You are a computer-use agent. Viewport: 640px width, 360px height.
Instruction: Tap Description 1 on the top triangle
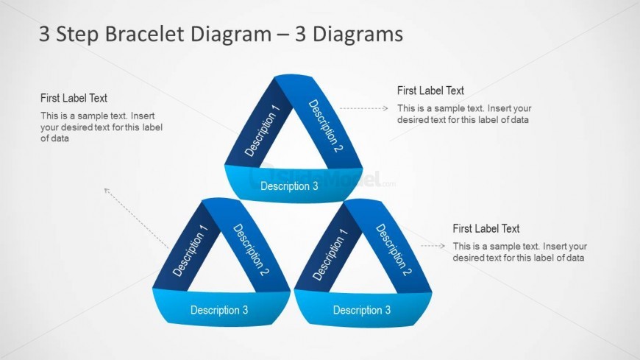[x=263, y=130]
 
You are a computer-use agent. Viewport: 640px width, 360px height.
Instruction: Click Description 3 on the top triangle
[x=289, y=186]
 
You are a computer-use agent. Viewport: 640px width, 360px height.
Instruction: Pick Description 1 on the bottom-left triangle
[x=191, y=250]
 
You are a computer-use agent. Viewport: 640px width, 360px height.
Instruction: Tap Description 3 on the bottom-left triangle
[x=219, y=310]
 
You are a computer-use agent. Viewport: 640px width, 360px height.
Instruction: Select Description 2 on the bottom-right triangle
[x=394, y=250]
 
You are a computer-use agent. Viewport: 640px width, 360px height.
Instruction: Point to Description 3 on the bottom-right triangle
[x=362, y=310]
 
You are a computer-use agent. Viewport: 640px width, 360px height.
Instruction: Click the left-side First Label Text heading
[x=74, y=98]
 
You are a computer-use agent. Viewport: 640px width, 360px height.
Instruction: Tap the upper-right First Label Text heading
[x=430, y=91]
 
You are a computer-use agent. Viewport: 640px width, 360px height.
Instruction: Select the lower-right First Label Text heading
[x=486, y=229]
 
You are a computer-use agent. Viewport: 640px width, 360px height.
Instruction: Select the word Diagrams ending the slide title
[x=364, y=34]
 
